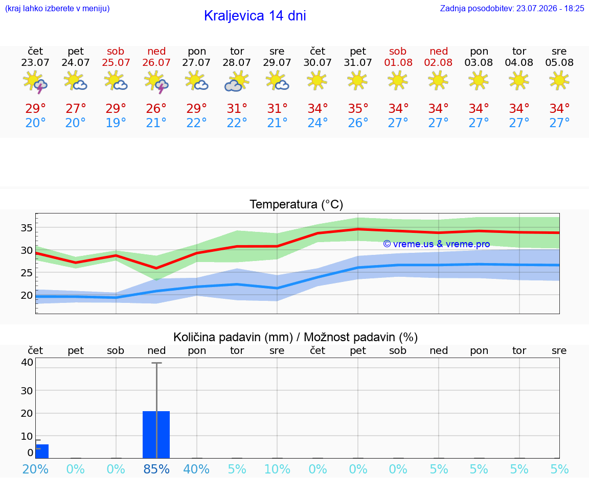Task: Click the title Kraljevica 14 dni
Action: tap(255, 16)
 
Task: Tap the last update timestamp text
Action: tap(512, 8)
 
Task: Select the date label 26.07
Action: tap(156, 62)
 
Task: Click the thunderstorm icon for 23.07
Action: tap(35, 82)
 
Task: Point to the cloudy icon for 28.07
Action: tap(237, 81)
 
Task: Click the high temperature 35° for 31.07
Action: tap(357, 108)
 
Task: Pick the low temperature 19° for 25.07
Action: tap(116, 123)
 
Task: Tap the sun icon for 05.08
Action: tap(559, 80)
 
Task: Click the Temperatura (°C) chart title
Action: tap(297, 204)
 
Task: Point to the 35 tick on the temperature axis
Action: tap(27, 228)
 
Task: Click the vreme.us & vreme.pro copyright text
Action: tap(437, 244)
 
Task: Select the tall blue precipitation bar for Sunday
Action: tap(156, 435)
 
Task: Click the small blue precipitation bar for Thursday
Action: tap(42, 451)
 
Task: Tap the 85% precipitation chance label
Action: tap(156, 469)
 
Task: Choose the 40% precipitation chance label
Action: tap(196, 469)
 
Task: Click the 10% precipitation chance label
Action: tap(277, 469)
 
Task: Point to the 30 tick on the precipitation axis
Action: tap(27, 391)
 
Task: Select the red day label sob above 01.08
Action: tap(398, 51)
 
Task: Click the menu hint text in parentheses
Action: tap(57, 8)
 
